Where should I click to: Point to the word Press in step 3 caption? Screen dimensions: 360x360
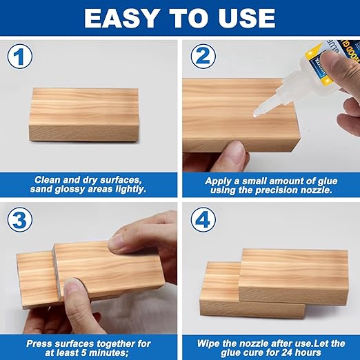pos(41,343)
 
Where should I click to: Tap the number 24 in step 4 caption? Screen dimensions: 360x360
pos(297,353)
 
